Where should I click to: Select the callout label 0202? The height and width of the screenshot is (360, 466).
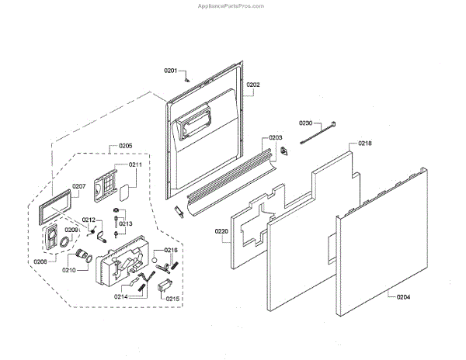point(253,85)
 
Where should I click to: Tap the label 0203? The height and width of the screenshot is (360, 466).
point(276,138)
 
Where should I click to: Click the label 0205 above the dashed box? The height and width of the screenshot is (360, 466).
point(125,147)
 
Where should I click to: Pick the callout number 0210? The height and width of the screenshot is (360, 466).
point(68,270)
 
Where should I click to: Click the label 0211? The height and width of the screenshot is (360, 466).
point(135,164)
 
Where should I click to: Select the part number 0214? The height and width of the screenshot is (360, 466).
point(121,296)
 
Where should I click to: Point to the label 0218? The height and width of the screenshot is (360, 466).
point(365,144)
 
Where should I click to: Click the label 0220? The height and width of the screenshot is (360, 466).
point(221,231)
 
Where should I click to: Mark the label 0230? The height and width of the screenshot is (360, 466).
point(306,123)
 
